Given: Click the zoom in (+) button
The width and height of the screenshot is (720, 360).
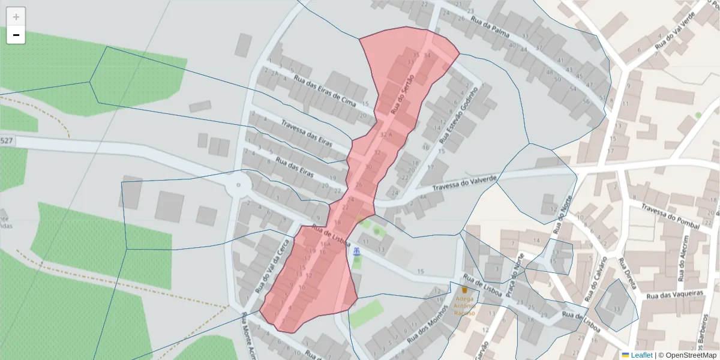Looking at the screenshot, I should coord(16,17).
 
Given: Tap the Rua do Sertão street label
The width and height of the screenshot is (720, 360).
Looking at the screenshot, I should coord(403,91).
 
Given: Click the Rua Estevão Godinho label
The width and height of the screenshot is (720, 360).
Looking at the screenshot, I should coord(459,115).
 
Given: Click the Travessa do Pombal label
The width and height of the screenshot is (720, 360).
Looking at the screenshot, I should coord(670,216).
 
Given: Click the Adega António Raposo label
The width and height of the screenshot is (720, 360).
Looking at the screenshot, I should coord(465,305).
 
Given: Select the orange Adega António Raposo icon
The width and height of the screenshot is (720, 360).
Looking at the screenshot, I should coord(464,289).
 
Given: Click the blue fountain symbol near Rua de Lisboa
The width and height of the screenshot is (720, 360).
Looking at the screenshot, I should coord(357,251).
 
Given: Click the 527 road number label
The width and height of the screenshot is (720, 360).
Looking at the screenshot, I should coord(7,140).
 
